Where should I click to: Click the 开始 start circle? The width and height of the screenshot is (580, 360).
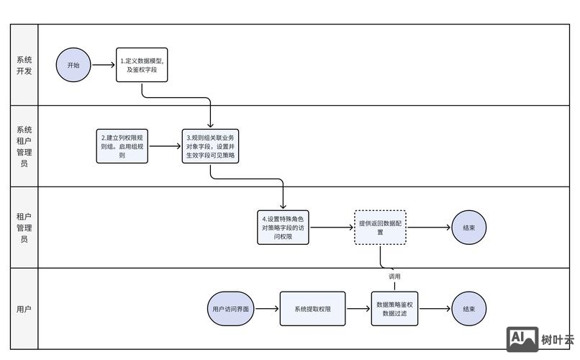tap(74, 65)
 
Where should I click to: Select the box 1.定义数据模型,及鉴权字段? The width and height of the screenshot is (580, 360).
tap(142, 65)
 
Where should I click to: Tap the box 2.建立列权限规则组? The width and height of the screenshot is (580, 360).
tap(122, 145)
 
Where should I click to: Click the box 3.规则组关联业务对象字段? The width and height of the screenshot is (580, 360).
tap(211, 145)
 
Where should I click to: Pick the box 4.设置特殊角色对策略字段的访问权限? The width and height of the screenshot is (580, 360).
tap(283, 228)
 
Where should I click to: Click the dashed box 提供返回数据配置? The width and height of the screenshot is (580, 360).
tap(380, 228)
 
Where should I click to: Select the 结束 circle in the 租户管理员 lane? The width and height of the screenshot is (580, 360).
tap(468, 228)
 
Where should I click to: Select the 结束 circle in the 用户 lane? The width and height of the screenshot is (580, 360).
tap(468, 309)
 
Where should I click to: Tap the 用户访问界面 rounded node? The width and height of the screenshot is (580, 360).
tap(231, 309)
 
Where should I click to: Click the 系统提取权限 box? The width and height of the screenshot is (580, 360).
tap(312, 309)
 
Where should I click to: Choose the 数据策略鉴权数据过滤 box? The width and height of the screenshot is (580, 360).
tap(394, 309)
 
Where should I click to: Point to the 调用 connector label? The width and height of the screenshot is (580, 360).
tap(394, 276)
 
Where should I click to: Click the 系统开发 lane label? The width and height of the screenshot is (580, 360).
tap(24, 65)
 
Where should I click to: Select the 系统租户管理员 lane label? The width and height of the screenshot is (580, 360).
tap(24, 146)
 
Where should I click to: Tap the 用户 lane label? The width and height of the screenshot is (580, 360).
tap(24, 309)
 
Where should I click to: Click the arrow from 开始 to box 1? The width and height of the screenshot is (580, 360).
tap(104, 65)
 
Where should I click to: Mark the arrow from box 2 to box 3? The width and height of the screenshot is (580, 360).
tap(165, 145)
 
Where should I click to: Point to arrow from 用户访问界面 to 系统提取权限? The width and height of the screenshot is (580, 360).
tap(268, 309)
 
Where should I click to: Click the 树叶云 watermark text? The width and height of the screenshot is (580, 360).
tap(558, 340)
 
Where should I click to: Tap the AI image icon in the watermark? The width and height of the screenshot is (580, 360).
tap(522, 339)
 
